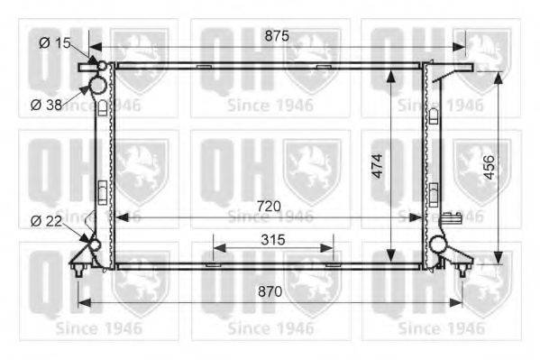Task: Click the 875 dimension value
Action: click(x=277, y=35)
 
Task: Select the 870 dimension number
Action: click(x=270, y=291)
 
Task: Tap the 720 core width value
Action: click(x=269, y=207)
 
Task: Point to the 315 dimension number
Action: click(x=273, y=240)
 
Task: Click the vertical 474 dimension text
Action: click(x=378, y=166)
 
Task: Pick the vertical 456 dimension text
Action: click(x=489, y=168)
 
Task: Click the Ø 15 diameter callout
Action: click(x=55, y=43)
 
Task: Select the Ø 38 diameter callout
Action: click(x=46, y=105)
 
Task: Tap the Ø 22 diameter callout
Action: click(x=46, y=221)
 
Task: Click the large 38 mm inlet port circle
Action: click(x=98, y=85)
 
